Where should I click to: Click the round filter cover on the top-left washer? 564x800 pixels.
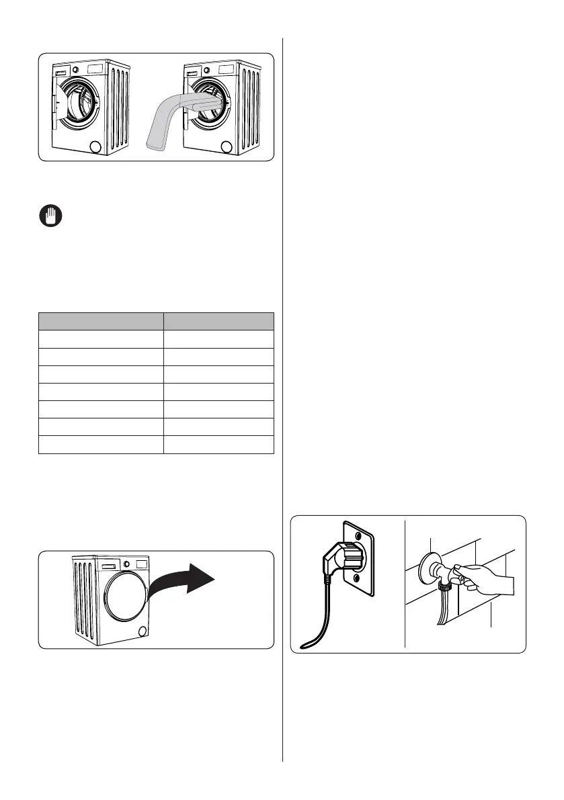click(x=95, y=146)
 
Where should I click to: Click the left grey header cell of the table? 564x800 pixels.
click(x=101, y=320)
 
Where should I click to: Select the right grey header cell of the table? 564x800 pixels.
click(x=218, y=320)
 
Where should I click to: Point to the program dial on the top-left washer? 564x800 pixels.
click(x=76, y=70)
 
